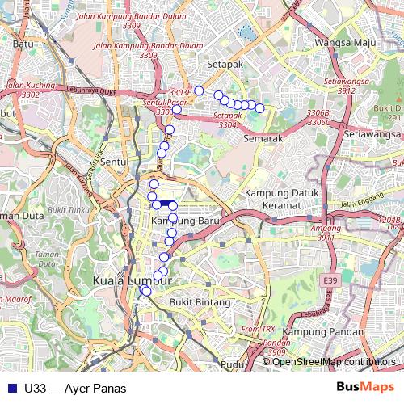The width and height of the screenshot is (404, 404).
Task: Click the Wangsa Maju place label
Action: point(356,40)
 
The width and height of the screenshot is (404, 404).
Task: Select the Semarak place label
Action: point(261,139)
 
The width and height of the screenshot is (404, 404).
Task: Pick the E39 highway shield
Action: point(327,280)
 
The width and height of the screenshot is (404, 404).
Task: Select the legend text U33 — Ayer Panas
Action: point(75,388)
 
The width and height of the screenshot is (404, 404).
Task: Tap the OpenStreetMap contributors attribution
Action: point(334,362)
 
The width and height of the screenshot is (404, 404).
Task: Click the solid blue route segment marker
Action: point(164,204)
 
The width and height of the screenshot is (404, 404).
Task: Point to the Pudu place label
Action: point(233,364)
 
